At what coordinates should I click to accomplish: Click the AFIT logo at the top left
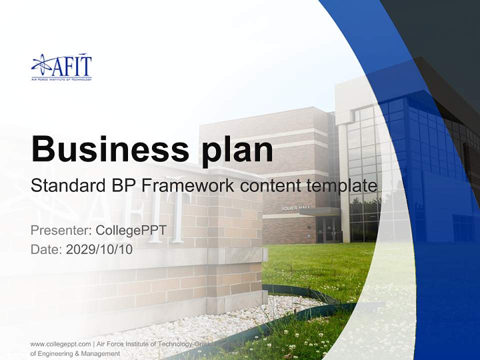[x=61, y=67]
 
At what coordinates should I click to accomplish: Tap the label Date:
[x=46, y=249]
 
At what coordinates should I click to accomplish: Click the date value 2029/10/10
[x=99, y=249]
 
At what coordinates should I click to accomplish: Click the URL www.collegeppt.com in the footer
[x=60, y=344]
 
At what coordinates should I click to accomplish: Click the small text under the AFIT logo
[x=61, y=79]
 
